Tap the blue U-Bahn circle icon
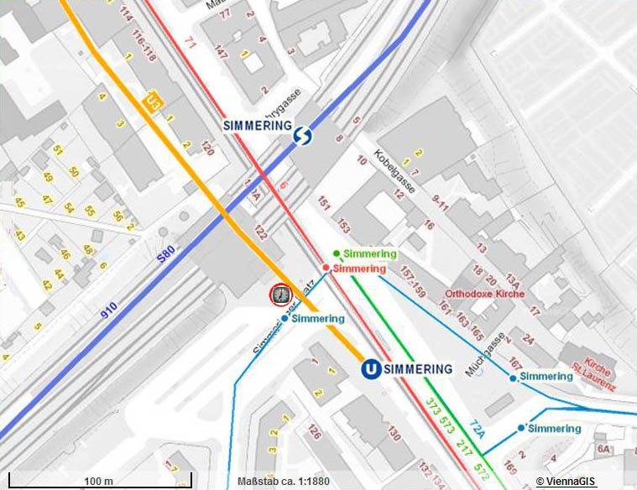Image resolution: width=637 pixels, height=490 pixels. tap(368, 369)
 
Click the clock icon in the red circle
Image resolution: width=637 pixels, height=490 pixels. tap(279, 295)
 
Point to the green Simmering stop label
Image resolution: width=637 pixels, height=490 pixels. tap(369, 253)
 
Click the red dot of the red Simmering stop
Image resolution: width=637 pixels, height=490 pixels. tap(326, 268)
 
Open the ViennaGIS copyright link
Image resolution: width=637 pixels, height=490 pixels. tap(568, 482)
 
